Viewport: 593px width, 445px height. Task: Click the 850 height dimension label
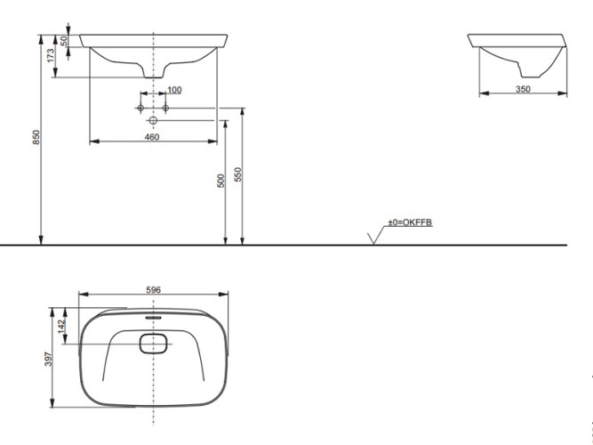tap(36, 138)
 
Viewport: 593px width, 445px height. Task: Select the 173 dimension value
tap(52, 55)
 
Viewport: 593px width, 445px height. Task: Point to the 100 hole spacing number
tap(173, 90)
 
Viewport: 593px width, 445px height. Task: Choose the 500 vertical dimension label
tap(220, 180)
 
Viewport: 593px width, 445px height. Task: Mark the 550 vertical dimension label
tap(237, 175)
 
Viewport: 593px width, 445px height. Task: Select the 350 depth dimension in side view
tap(523, 89)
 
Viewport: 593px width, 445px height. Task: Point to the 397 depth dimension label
tap(50, 358)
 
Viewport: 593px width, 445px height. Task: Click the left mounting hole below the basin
tap(140, 108)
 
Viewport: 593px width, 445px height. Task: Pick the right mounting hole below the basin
tap(164, 108)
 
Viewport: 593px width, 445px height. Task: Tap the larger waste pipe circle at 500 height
tap(153, 120)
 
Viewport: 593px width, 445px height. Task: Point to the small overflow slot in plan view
tap(153, 315)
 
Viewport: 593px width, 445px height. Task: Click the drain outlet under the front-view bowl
tap(154, 72)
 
